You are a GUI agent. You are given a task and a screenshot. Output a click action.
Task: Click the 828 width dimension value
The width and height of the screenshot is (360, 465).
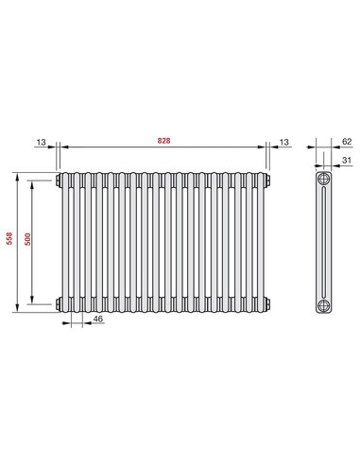pyautogui.click(x=165, y=140)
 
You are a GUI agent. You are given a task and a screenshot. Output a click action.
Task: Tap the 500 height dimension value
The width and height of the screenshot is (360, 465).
pyautogui.click(x=28, y=240)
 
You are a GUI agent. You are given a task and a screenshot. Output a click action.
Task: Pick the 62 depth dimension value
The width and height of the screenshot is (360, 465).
pyautogui.click(x=346, y=140)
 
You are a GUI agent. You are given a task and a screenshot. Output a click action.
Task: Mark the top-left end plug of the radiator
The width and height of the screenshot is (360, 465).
pyautogui.click(x=60, y=179)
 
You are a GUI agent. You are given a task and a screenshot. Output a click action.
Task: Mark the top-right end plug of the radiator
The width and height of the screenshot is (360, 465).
pyautogui.click(x=271, y=179)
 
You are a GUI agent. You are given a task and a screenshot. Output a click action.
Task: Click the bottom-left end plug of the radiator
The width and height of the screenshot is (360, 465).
pyautogui.click(x=60, y=302)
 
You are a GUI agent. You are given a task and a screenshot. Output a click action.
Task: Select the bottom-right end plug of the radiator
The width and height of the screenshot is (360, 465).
pyautogui.click(x=271, y=302)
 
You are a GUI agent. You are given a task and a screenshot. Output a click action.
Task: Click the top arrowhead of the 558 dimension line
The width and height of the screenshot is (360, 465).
pyautogui.click(x=18, y=175)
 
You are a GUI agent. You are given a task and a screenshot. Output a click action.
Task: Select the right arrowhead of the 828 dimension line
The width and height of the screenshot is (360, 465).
pyautogui.click(x=264, y=146)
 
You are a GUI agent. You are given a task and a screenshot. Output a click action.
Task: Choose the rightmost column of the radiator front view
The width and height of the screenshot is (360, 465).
pyautogui.click(x=262, y=241)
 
